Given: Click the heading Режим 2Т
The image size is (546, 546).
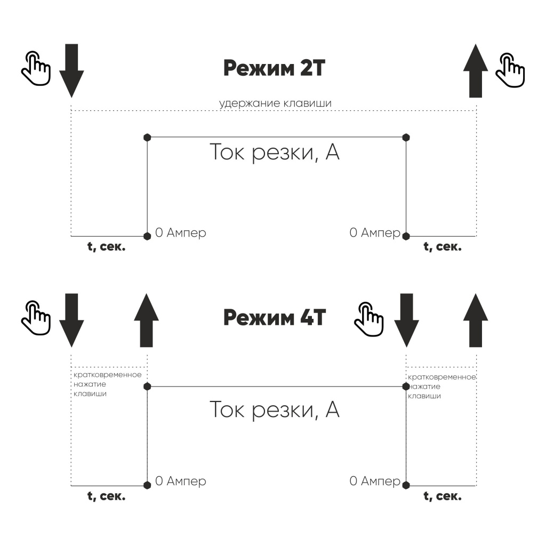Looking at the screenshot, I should click(x=273, y=68).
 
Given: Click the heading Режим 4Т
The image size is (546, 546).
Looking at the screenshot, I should click(x=274, y=318).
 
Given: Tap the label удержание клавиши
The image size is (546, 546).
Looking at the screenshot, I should click(x=275, y=103).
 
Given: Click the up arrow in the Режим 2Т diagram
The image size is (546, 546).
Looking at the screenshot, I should click(x=476, y=70).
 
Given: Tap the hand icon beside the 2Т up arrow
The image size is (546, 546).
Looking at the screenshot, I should click(x=510, y=69).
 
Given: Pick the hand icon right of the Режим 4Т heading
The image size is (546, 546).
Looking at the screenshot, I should click(x=369, y=319).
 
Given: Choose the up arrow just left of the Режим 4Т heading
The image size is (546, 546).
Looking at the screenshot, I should click(x=146, y=320).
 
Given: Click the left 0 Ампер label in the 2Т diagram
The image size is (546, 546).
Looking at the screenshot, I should click(x=180, y=233).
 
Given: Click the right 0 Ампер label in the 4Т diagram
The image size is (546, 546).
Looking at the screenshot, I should click(x=374, y=481).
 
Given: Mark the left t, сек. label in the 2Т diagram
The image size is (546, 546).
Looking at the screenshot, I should click(x=106, y=247).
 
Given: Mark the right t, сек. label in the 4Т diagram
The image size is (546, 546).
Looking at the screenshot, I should click(x=442, y=496).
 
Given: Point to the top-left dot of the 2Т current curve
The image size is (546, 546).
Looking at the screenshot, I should click(x=147, y=137).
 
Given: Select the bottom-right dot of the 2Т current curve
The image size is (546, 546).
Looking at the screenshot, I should click(x=406, y=235).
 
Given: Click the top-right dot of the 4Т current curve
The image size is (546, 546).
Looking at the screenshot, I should click(x=406, y=386).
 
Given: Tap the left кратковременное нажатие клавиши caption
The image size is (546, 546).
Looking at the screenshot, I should click(x=107, y=384).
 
